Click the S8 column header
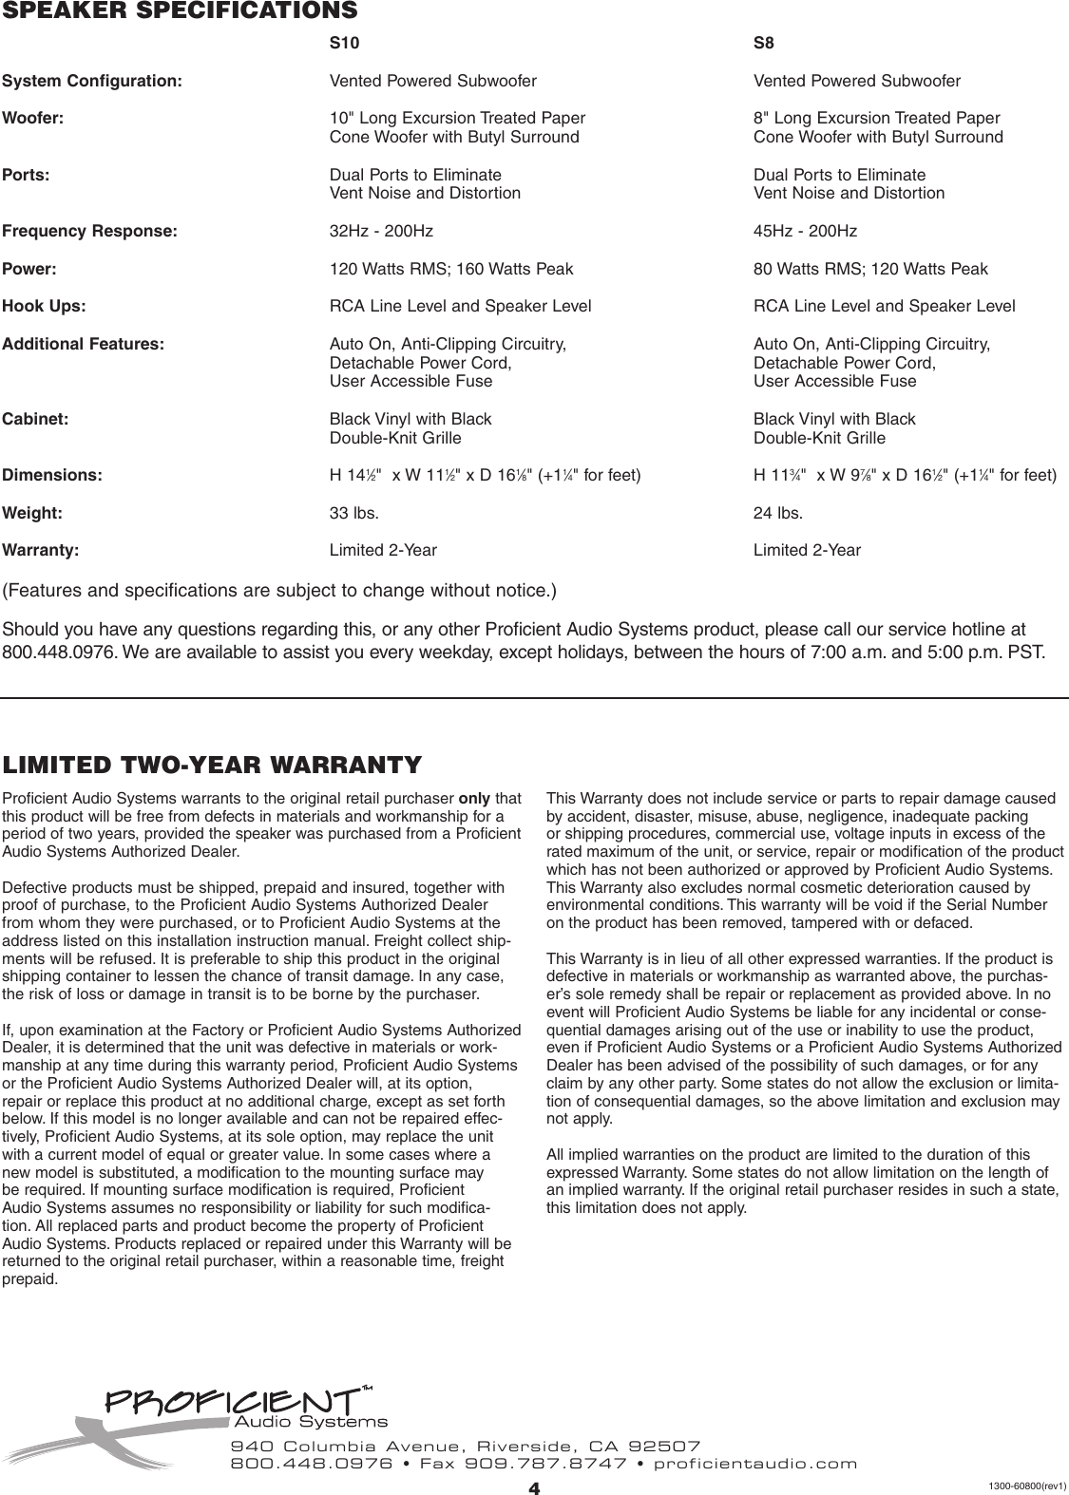pyautogui.click(x=765, y=43)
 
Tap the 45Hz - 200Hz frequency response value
pyautogui.click(x=805, y=231)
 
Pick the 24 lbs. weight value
pyautogui.click(x=777, y=513)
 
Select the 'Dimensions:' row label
pyautogui.click(x=52, y=475)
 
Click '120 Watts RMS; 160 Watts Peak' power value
pyautogui.click(x=450, y=269)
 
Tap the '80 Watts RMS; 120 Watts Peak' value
pyautogui.click(x=869, y=269)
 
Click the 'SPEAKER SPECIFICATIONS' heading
pyautogui.click(x=181, y=11)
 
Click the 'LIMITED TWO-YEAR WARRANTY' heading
pyautogui.click(x=212, y=765)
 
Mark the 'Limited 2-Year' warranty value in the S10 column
pyautogui.click(x=383, y=550)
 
